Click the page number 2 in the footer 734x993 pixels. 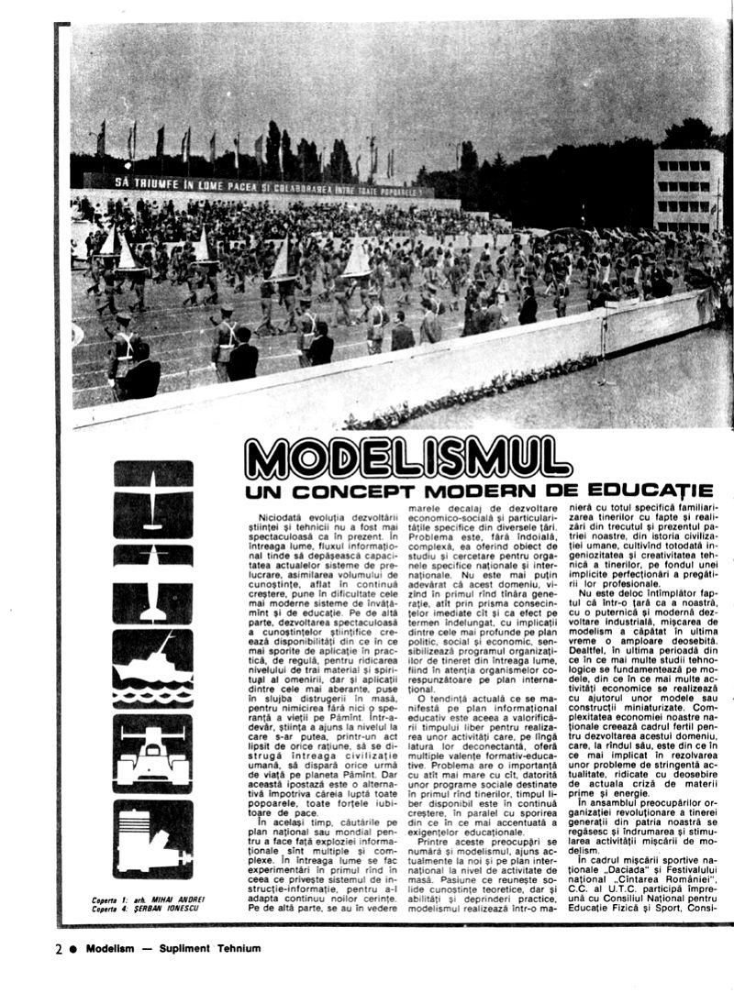pyautogui.click(x=57, y=950)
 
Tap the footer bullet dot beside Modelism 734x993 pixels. pyautogui.click(x=72, y=950)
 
